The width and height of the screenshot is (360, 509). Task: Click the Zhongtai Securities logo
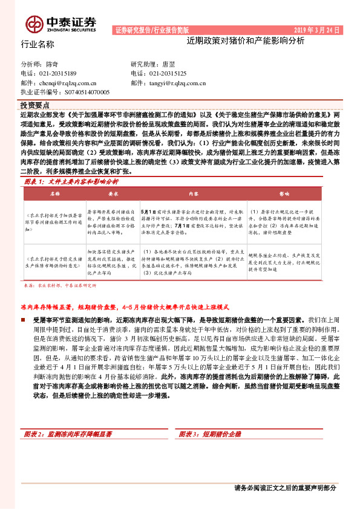61,22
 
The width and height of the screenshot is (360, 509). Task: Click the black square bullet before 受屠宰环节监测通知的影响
27,318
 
